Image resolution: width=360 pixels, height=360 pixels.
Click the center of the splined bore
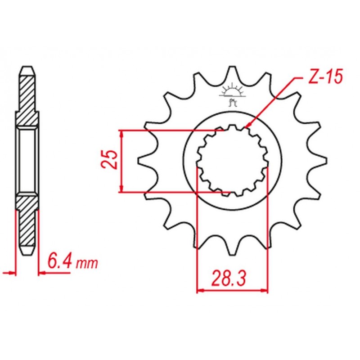point(232,160)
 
